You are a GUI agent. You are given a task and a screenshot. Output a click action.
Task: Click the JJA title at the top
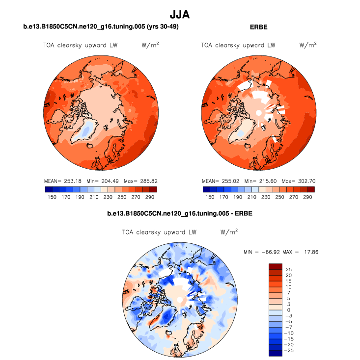179,15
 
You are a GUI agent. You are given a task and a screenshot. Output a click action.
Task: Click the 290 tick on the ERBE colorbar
307,197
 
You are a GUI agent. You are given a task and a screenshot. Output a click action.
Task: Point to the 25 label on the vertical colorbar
289,270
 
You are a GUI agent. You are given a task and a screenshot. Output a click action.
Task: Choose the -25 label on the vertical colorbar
290,351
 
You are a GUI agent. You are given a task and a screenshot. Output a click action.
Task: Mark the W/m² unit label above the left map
150,45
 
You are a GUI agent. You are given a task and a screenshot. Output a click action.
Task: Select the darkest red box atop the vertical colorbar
275,266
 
